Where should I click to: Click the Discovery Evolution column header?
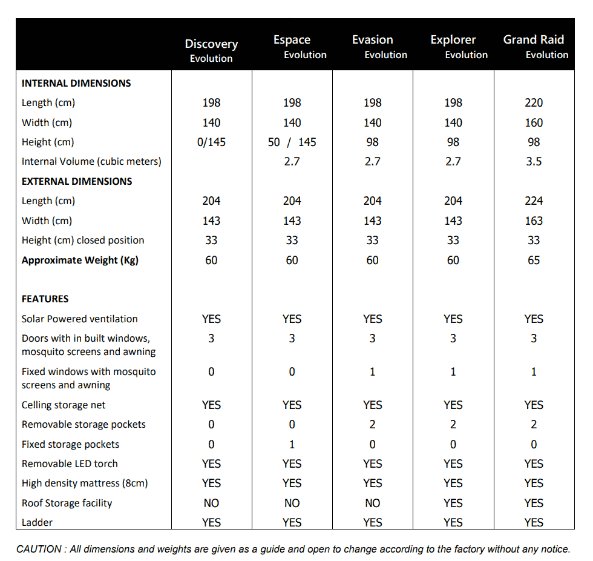(211, 51)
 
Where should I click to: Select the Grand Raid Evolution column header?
(536, 47)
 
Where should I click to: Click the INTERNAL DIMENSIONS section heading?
(76, 83)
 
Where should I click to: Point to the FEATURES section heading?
(45, 299)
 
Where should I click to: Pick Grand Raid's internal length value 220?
(534, 102)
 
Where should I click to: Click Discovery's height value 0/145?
(211, 142)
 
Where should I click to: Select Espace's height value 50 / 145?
(292, 142)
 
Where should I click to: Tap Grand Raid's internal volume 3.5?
(534, 162)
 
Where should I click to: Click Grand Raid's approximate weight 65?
(534, 260)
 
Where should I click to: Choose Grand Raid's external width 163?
(534, 221)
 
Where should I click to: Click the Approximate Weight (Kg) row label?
(80, 261)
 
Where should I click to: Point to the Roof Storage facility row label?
(67, 503)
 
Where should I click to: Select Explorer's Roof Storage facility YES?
(453, 503)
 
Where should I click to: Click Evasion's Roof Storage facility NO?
(373, 503)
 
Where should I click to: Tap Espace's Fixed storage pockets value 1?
(292, 444)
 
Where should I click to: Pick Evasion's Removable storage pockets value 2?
(373, 424)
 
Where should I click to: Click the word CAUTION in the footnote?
(39, 549)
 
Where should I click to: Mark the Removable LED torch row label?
(70, 463)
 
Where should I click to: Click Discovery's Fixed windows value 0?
(211, 372)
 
